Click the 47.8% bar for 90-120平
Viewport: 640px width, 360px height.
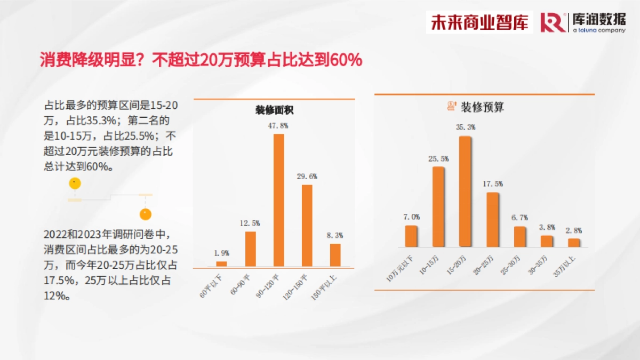click(x=278, y=200)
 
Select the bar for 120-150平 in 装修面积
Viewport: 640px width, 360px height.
click(x=307, y=226)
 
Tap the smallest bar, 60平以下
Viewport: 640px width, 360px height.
click(x=221, y=263)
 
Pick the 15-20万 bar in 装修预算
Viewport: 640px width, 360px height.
click(x=465, y=191)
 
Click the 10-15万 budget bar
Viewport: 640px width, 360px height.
click(x=438, y=207)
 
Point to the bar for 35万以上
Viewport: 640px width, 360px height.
click(x=574, y=243)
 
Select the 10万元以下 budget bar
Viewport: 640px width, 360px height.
click(x=411, y=236)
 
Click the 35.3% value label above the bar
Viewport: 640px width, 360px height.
click(x=466, y=127)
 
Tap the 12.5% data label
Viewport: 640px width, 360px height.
click(x=250, y=222)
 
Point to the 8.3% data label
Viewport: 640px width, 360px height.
click(x=335, y=235)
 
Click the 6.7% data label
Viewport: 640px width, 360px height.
click(x=519, y=218)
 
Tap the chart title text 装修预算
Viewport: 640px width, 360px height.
click(x=482, y=107)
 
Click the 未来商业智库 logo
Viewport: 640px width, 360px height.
click(x=479, y=22)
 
